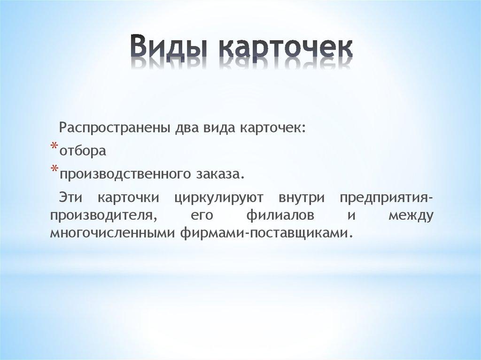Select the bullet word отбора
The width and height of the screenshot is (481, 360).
tap(82, 151)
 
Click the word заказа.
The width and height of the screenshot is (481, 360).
tap(218, 174)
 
